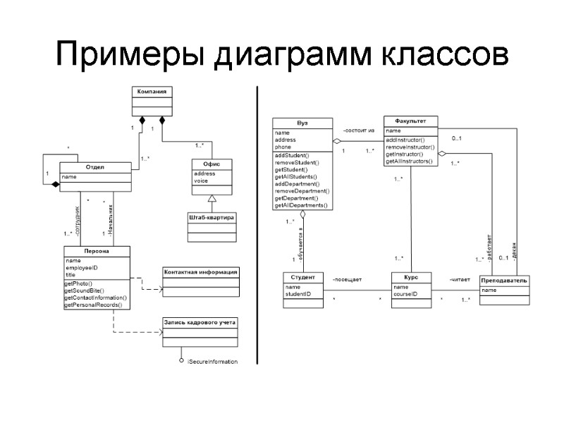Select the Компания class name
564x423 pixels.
(x=152, y=92)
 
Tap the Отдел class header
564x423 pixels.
(x=95, y=167)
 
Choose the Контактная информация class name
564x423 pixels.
(x=201, y=271)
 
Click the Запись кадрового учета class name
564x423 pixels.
(x=201, y=322)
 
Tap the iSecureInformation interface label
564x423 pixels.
(x=213, y=362)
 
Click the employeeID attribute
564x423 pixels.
(x=81, y=268)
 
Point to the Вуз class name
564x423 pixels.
(x=302, y=122)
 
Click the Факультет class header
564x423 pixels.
(x=411, y=121)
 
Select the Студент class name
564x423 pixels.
(x=302, y=277)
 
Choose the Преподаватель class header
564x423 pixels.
(x=503, y=281)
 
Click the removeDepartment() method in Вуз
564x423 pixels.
(x=302, y=191)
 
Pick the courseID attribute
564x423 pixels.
(x=405, y=294)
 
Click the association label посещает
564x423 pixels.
(x=347, y=280)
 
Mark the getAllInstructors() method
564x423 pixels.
(x=410, y=161)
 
